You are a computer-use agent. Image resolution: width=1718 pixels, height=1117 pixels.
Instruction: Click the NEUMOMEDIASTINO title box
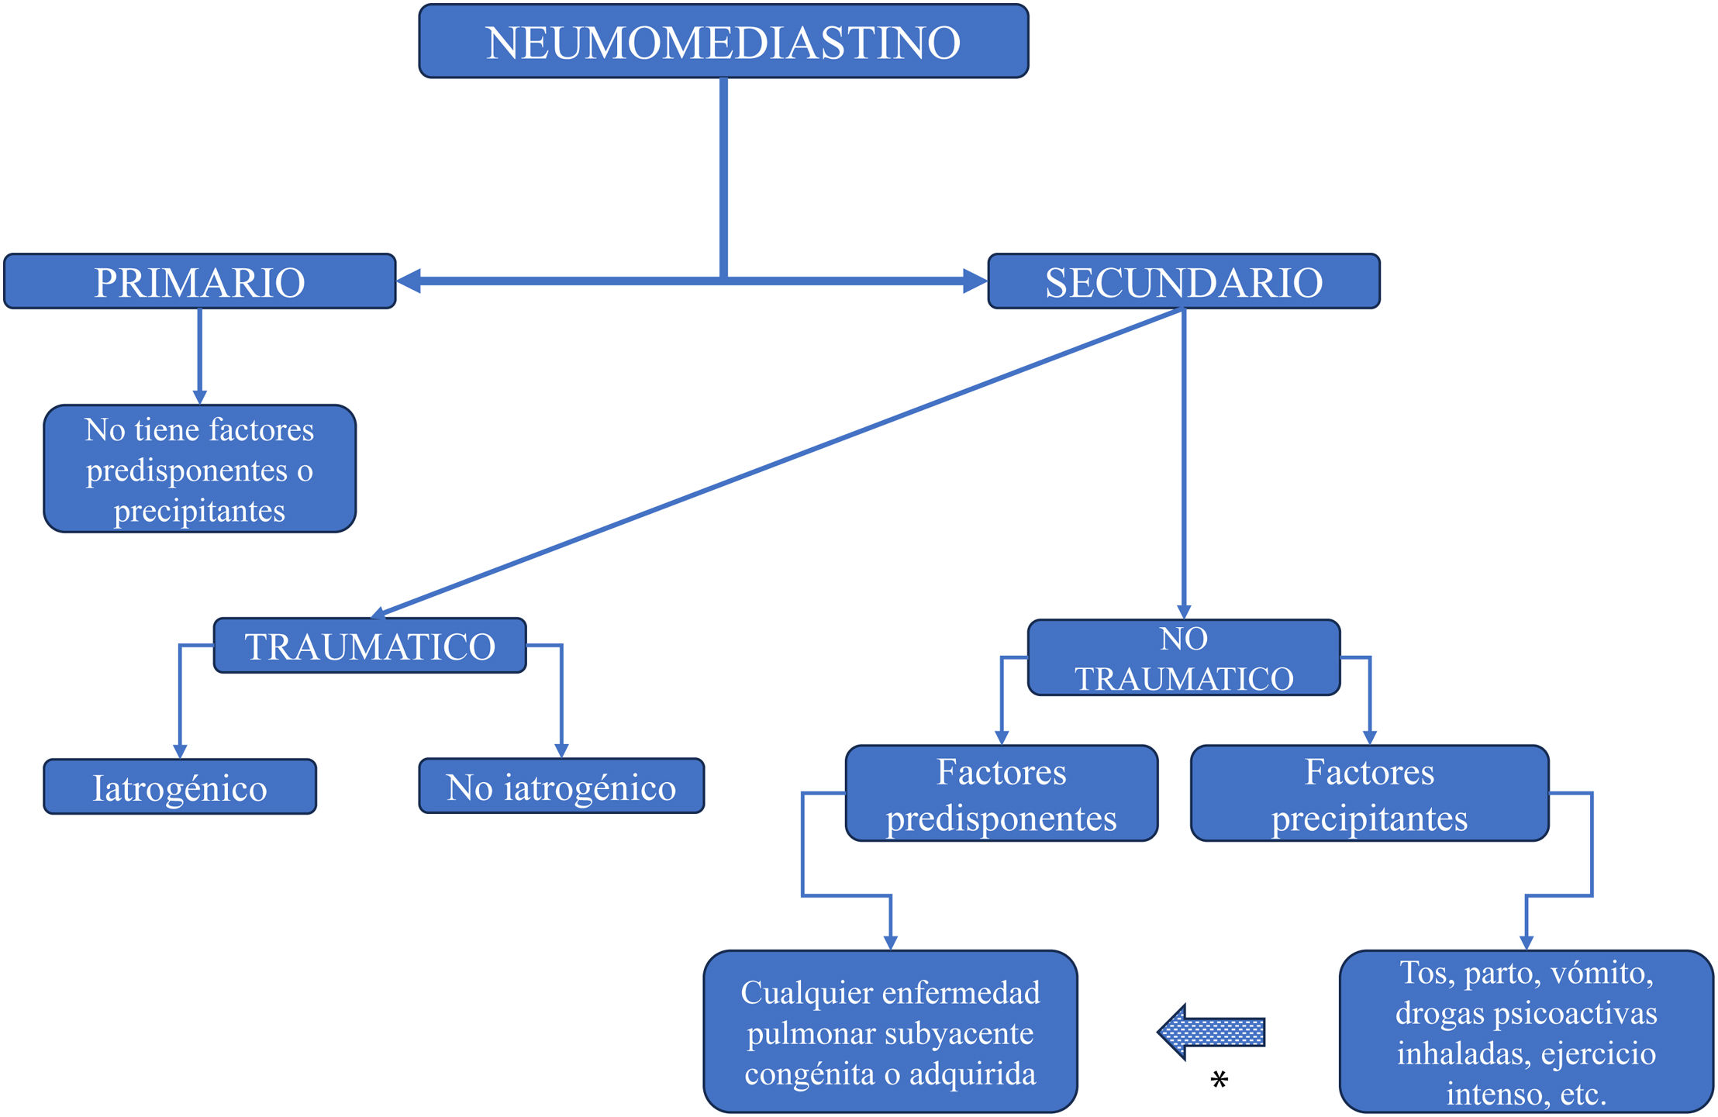[x=723, y=42]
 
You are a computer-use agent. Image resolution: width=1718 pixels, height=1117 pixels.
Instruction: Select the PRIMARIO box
[x=199, y=281]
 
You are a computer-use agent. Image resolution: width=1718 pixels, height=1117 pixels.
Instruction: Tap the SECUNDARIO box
[x=1183, y=281]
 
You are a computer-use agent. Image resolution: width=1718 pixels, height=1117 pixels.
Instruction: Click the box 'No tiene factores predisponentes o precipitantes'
[x=199, y=469]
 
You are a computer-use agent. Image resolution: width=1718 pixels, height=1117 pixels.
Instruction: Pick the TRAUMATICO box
[x=370, y=646]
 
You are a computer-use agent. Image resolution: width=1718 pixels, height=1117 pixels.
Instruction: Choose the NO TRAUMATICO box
[x=1183, y=658]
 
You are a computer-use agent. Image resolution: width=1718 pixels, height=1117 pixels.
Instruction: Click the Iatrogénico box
[x=180, y=787]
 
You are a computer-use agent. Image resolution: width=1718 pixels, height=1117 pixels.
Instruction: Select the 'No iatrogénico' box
[x=561, y=786]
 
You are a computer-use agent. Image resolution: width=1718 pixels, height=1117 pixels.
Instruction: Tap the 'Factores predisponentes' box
[x=1001, y=794]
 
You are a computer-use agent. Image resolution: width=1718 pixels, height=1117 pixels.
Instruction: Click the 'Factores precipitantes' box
[x=1369, y=794]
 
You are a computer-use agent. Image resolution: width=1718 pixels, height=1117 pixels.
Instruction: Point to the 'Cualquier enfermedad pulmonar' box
[x=890, y=1032]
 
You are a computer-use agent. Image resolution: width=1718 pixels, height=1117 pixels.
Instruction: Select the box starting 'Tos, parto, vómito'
[x=1526, y=1032]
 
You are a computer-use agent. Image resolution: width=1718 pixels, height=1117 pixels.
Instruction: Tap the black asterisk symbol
[x=1219, y=1079]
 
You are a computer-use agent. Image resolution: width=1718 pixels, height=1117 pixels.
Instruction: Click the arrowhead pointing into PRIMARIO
[x=408, y=281]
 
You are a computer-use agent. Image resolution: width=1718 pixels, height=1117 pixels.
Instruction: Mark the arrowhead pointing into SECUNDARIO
[x=975, y=281]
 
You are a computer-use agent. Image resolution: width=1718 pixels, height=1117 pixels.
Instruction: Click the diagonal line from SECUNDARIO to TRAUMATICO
[x=775, y=463]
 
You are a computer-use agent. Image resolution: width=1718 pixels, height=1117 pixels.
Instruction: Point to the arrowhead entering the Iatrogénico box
[x=180, y=751]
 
